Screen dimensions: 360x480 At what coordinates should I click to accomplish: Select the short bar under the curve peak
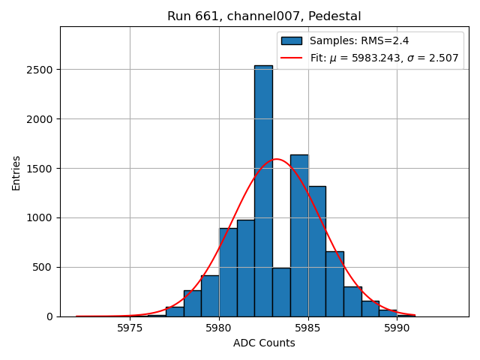click(x=281, y=292)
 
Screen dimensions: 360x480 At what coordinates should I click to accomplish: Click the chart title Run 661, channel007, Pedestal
click(x=264, y=16)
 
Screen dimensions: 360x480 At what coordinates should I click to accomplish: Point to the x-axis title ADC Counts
click(x=264, y=343)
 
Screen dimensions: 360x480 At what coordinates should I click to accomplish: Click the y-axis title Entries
click(x=16, y=172)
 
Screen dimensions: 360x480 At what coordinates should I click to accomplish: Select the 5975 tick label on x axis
click(x=130, y=328)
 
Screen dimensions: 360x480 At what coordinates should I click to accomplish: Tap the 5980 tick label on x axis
click(x=219, y=328)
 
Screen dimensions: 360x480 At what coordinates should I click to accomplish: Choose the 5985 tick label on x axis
click(x=307, y=328)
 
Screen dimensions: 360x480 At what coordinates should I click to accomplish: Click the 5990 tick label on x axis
click(x=397, y=328)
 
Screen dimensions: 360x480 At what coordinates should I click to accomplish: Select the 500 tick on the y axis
click(x=45, y=267)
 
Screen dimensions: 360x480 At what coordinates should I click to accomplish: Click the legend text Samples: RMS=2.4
click(x=359, y=41)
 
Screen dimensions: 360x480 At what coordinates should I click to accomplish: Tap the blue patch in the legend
click(x=292, y=41)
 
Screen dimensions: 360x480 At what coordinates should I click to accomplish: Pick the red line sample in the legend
click(x=292, y=58)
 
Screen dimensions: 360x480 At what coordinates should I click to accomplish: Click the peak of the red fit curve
click(x=277, y=159)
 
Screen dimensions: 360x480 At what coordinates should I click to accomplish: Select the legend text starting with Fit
click(x=384, y=58)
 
